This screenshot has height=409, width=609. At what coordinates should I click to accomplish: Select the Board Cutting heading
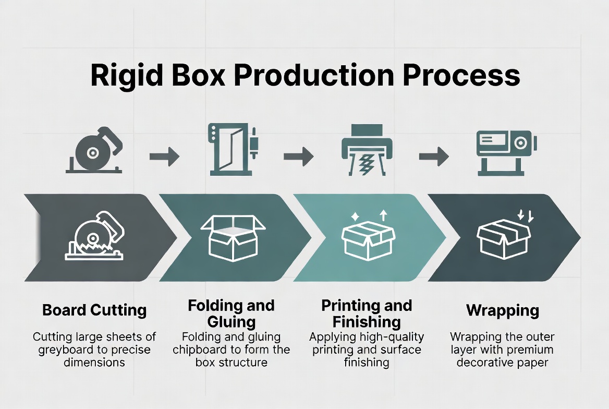[x=94, y=311]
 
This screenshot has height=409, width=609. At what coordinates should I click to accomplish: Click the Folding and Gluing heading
[x=231, y=312]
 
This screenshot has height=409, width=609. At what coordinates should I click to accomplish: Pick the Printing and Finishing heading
[x=367, y=312]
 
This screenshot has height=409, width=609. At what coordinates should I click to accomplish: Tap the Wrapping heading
[x=502, y=311]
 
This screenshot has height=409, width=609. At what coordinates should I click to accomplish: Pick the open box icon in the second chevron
[x=232, y=238]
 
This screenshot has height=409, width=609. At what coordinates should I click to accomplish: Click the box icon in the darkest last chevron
[x=503, y=237]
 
